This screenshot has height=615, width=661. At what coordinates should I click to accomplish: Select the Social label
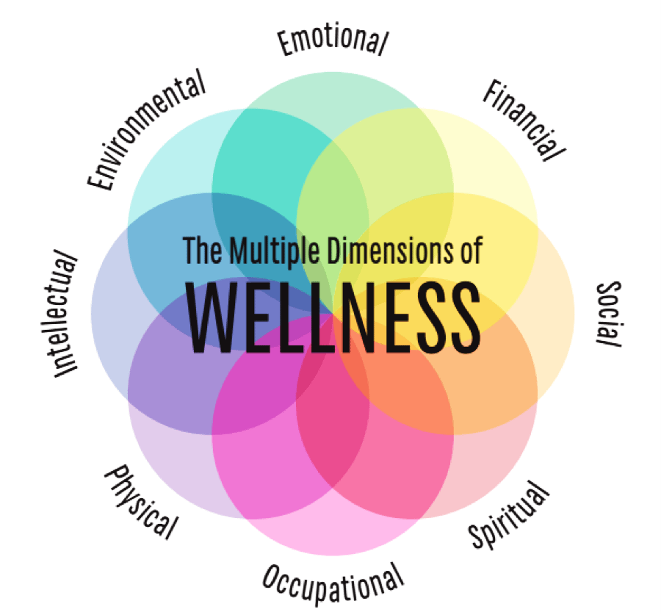tap(609, 314)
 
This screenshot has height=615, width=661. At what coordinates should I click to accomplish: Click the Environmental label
tap(145, 132)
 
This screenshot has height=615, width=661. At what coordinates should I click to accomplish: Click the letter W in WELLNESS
tap(210, 318)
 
